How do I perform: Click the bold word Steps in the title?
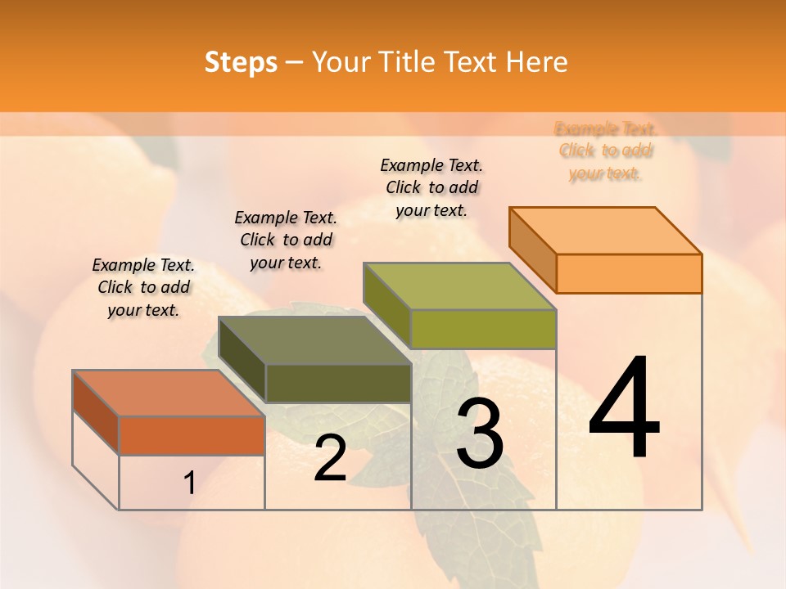[x=241, y=62]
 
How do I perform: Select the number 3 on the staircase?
[x=479, y=434]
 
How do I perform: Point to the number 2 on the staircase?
[x=330, y=458]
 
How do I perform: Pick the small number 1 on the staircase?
[x=189, y=483]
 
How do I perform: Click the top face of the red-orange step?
[x=168, y=393]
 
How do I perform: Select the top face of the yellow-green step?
[x=459, y=286]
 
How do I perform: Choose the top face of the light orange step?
[x=605, y=231]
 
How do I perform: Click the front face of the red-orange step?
[x=192, y=435]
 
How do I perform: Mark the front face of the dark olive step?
[x=337, y=383]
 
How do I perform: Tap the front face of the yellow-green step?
[x=483, y=329]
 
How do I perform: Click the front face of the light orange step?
[x=629, y=273]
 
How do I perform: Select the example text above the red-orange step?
[x=143, y=287]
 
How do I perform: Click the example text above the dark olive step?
[x=286, y=240]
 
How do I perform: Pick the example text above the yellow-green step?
[x=431, y=187]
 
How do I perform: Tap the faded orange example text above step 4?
[x=606, y=151]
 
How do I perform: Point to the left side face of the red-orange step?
[x=96, y=411]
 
